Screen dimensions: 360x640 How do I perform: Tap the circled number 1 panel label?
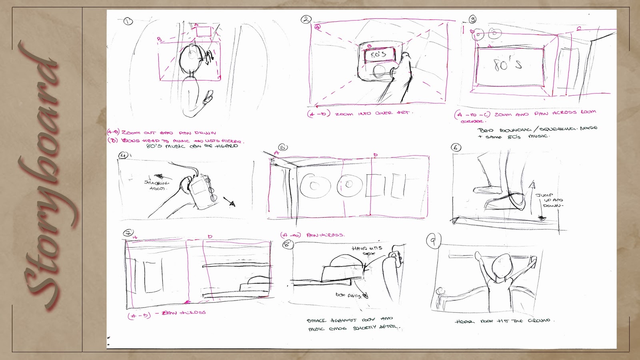[128, 21]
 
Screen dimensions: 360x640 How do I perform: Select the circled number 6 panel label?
[456, 147]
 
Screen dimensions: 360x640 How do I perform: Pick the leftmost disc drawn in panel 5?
[314, 185]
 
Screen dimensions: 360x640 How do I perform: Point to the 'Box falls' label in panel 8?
[349, 295]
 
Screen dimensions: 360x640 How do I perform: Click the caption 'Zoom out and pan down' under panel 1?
[162, 132]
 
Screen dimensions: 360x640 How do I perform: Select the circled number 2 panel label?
[306, 19]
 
